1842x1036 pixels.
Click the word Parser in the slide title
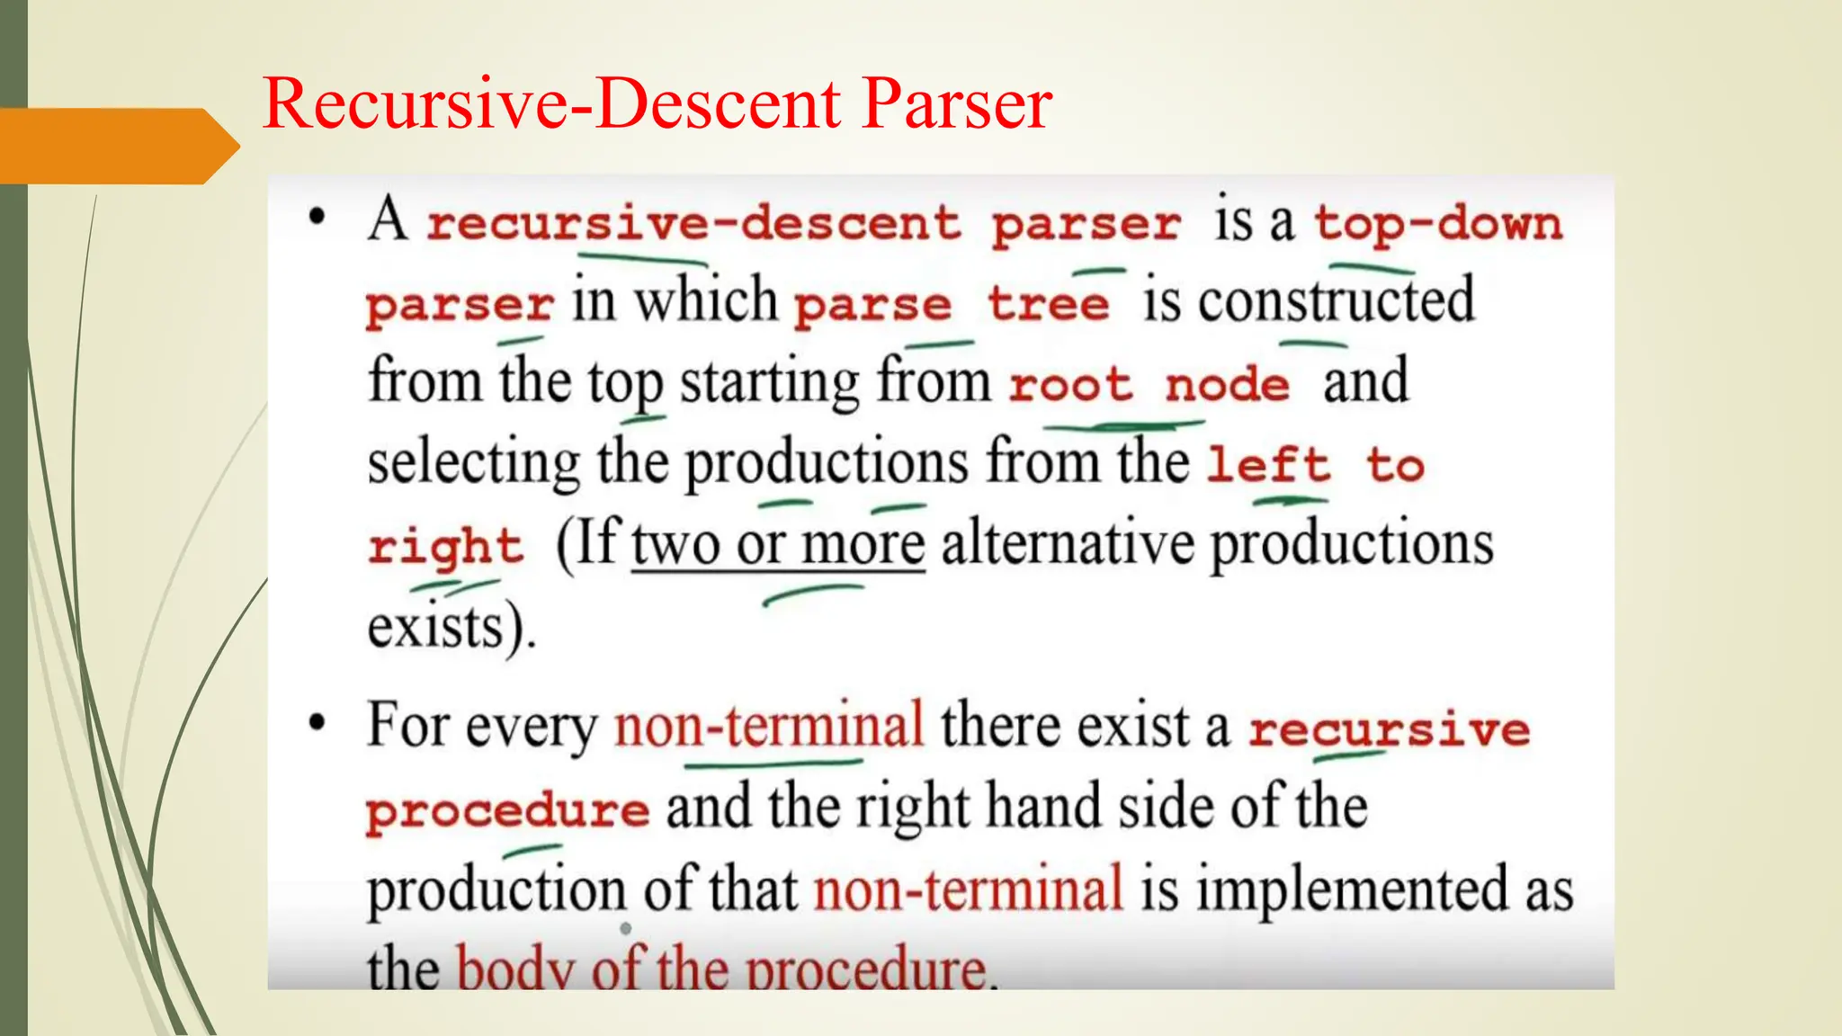point(957,103)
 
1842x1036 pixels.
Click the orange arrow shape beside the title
point(117,146)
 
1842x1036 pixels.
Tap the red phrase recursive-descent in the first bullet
point(693,223)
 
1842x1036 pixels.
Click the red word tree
point(1049,304)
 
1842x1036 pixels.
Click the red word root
point(1070,385)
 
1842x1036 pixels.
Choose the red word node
point(1228,385)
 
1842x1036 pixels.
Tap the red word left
point(1268,465)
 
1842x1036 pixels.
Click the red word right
point(445,547)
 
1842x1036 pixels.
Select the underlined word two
point(675,545)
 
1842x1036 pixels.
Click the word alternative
point(1067,543)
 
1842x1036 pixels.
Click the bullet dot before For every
point(317,723)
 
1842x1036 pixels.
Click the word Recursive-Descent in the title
point(551,103)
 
